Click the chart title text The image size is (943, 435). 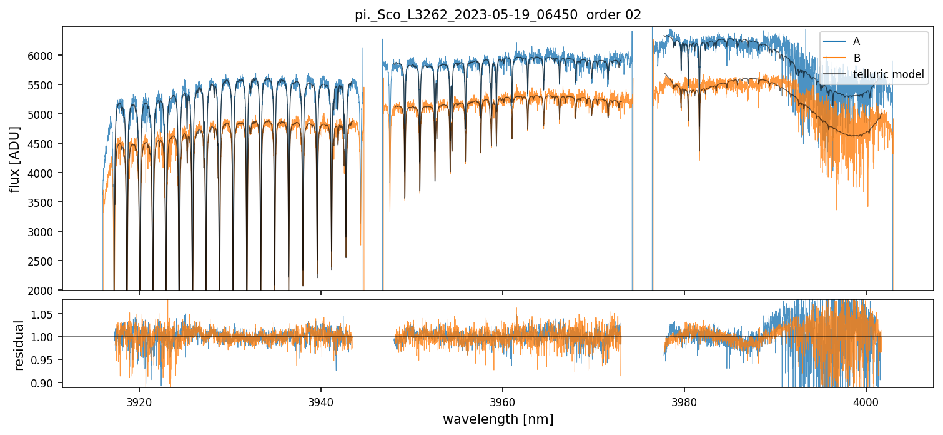pos(498,15)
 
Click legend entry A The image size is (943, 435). pos(856,41)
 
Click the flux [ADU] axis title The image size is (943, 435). pos(14,159)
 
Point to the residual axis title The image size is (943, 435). pos(19,345)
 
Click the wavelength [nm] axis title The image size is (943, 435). pos(498,419)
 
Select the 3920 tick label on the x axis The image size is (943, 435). pos(139,401)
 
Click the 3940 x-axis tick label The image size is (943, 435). pos(321,401)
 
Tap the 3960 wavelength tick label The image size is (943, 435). pos(503,401)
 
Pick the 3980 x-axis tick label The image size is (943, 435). pos(684,401)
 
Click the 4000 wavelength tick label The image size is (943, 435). pos(866,401)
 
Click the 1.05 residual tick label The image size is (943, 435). pos(46,314)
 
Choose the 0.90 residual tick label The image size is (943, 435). pos(46,382)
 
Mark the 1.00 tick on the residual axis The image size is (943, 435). pos(46,337)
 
